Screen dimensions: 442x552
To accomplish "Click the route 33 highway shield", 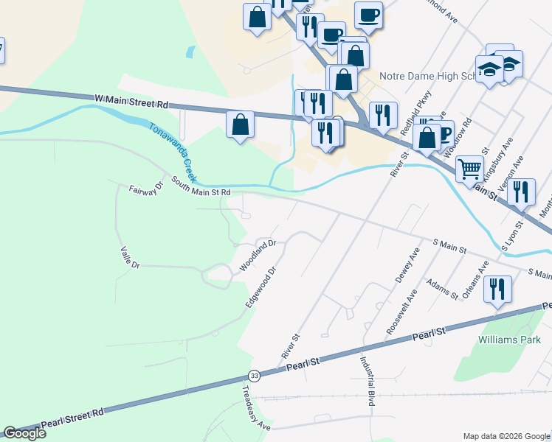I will tap(254, 375).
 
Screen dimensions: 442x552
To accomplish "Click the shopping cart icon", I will tap(469, 169).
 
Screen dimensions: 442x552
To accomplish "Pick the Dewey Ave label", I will tap(407, 266).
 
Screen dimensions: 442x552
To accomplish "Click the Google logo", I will tap(24, 433).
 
